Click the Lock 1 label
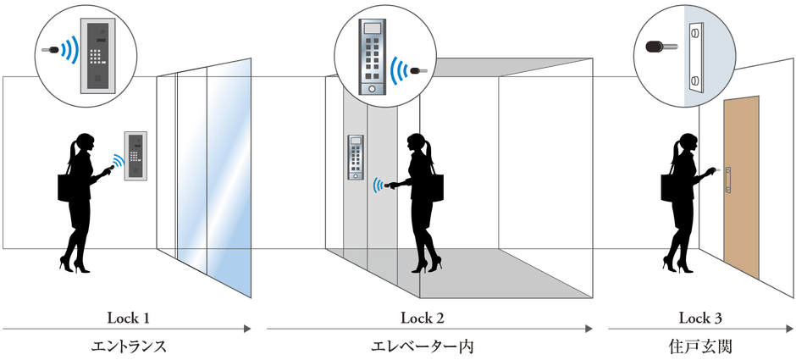pos(128,318)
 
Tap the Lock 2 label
pos(422,318)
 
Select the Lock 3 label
pos(700,318)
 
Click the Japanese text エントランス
pos(128,346)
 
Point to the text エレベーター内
pos(423,346)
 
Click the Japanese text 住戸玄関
pos(700,346)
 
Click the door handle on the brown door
pos(726,175)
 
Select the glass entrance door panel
pos(213,178)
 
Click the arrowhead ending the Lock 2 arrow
pos(591,327)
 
